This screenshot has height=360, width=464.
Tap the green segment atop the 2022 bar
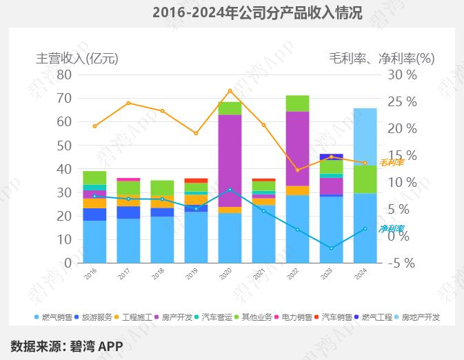tap(297, 103)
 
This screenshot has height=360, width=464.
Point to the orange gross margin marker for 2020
tap(230, 90)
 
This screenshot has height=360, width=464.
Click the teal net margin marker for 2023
tap(331, 248)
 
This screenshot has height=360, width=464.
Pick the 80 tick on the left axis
tap(64, 74)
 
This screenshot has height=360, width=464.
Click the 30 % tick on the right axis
tap(401, 74)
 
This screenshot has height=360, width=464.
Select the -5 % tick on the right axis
tap(401, 263)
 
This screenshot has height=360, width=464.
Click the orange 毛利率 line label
tap(391, 163)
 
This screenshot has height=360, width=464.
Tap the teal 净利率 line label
tap(391, 229)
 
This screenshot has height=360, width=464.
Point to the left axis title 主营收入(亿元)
tap(77, 59)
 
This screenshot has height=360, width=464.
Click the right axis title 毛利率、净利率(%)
tap(381, 59)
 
